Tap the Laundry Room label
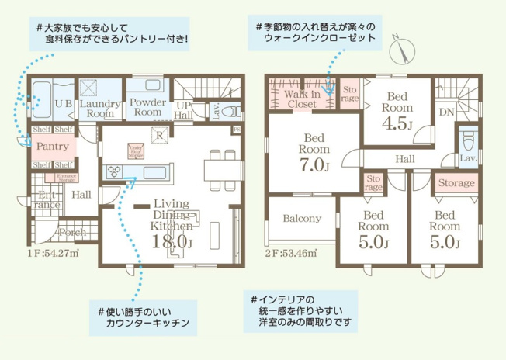[99, 108]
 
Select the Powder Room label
[146, 107]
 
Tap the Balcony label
[302, 219]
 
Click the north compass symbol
[400, 50]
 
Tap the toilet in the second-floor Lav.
[468, 141]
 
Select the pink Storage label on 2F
[456, 183]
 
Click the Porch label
[72, 232]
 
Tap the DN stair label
[446, 112]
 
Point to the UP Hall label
[185, 110]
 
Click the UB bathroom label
[64, 102]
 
